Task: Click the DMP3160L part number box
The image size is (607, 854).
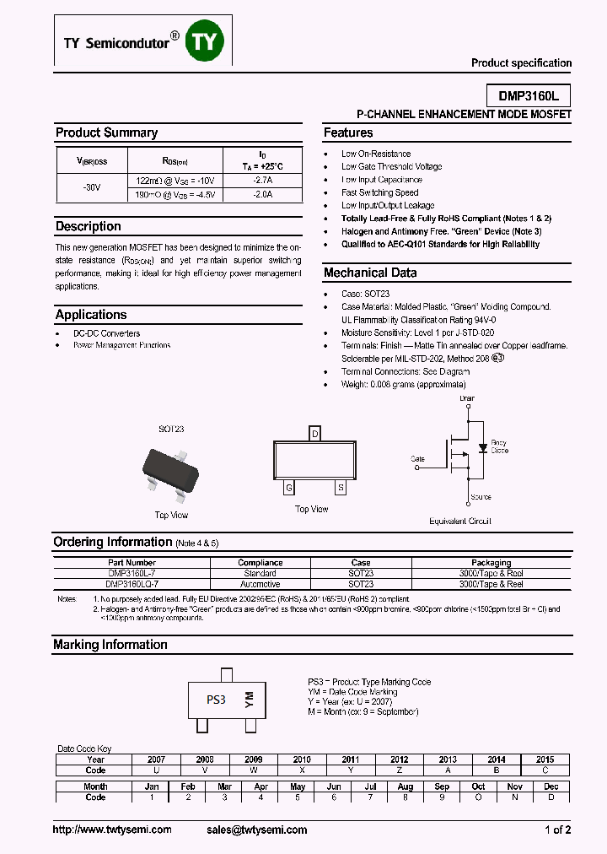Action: click(x=529, y=96)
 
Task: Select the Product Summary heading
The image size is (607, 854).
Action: click(x=106, y=132)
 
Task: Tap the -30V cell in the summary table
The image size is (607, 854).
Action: click(x=91, y=187)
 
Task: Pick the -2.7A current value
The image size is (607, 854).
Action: click(x=263, y=181)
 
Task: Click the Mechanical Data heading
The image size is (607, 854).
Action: click(x=370, y=273)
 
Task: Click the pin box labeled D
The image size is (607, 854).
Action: click(x=315, y=434)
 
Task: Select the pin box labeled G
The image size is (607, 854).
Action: click(x=289, y=488)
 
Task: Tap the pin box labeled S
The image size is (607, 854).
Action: click(x=341, y=488)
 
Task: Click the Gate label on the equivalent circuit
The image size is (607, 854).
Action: click(x=417, y=459)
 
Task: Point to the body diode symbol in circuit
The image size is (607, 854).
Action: click(x=482, y=447)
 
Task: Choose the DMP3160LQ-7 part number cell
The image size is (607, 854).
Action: click(x=132, y=584)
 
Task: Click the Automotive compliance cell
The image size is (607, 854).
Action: click(x=260, y=584)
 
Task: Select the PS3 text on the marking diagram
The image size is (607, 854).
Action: click(x=217, y=700)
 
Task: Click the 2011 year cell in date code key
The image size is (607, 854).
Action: click(x=350, y=759)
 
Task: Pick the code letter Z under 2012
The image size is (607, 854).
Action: click(x=399, y=770)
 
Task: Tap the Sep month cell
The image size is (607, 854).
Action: click(x=442, y=786)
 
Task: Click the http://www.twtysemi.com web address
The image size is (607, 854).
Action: click(x=112, y=830)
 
